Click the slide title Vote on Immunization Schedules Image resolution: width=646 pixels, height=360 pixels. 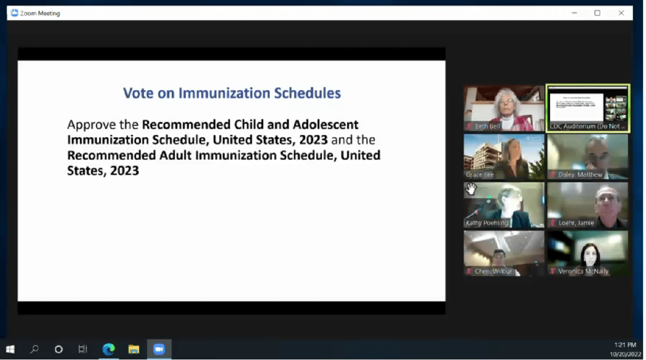(x=232, y=93)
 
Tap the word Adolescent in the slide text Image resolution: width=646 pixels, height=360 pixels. (x=326, y=124)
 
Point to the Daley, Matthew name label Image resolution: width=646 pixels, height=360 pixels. (x=579, y=174)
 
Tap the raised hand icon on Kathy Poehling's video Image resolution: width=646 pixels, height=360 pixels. (x=471, y=189)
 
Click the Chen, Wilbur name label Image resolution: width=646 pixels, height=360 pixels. (x=493, y=271)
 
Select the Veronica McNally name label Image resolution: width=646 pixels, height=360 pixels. (x=582, y=271)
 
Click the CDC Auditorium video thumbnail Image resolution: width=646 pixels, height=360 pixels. (x=587, y=107)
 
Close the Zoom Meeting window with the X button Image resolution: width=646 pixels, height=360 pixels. (x=621, y=13)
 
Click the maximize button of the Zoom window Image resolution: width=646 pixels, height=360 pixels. (x=597, y=13)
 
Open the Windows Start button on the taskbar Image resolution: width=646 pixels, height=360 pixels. (x=10, y=349)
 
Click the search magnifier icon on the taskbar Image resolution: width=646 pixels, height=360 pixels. (x=34, y=349)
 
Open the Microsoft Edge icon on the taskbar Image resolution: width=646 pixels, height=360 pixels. (x=108, y=349)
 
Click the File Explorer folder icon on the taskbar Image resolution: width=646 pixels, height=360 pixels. (x=134, y=349)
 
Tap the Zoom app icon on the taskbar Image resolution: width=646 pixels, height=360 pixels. (x=159, y=349)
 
